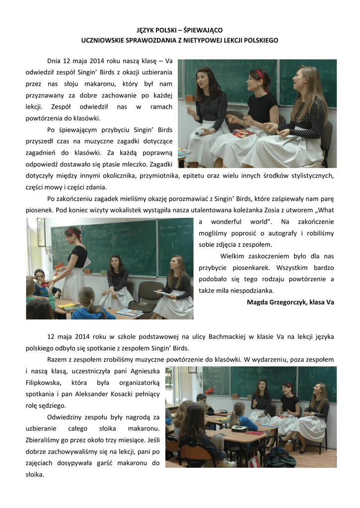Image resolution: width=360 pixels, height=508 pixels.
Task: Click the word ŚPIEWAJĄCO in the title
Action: [x=203, y=30]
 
